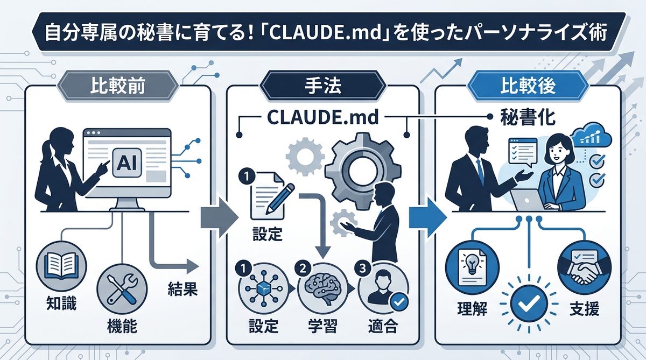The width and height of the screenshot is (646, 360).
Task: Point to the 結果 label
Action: (179, 291)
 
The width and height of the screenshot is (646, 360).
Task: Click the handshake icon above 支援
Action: (580, 268)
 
